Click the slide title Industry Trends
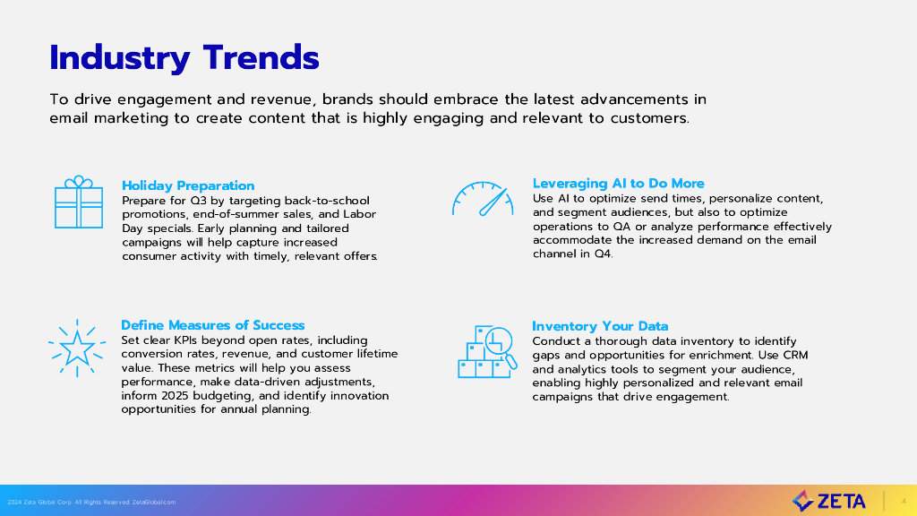[x=184, y=58]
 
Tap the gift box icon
[x=79, y=202]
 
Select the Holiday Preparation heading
[x=188, y=185]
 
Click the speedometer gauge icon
[x=483, y=199]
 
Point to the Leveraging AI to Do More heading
[x=618, y=183]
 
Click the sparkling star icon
[x=77, y=348]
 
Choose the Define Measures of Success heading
[x=213, y=324]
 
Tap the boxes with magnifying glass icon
[x=487, y=351]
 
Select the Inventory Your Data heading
[x=600, y=326]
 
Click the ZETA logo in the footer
[x=828, y=502]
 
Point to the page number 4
[x=904, y=502]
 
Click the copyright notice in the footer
[x=91, y=502]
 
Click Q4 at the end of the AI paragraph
[x=604, y=254]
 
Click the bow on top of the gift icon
[x=79, y=181]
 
